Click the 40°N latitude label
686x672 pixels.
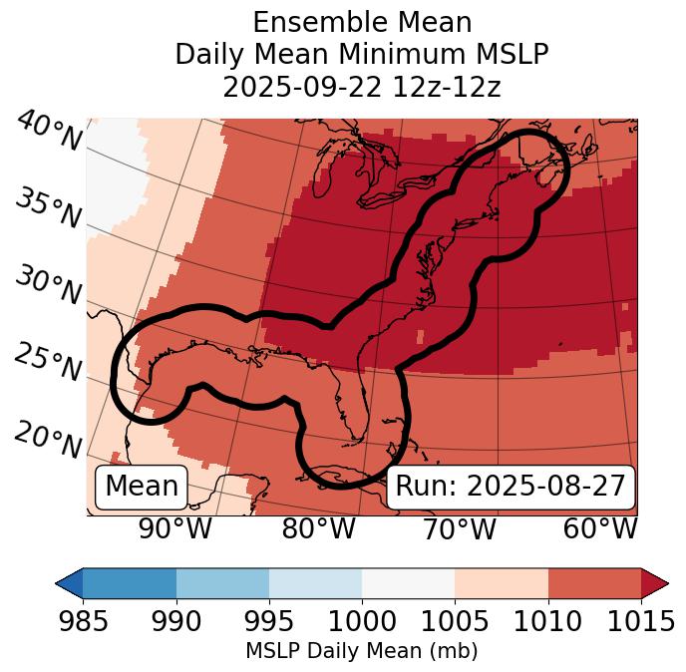tap(48, 132)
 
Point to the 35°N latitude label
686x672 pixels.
tap(48, 207)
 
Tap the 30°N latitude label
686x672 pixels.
tap(48, 286)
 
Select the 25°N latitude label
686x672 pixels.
tap(48, 363)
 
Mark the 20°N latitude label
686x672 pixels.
tap(48, 440)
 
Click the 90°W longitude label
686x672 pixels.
tap(174, 529)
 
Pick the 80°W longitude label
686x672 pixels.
tap(318, 529)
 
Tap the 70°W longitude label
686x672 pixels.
tap(460, 529)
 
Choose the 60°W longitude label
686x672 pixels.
tap(600, 529)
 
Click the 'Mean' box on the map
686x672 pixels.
tap(142, 487)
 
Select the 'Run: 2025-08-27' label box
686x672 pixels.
tap(511, 487)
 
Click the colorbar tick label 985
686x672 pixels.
tap(83, 621)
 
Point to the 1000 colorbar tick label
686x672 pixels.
tap(361, 621)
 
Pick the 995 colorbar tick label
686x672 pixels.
tap(268, 621)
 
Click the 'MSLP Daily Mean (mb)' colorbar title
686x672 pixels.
tap(361, 651)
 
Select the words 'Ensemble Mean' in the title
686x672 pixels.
tap(361, 22)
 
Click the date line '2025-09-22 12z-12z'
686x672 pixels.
tap(361, 87)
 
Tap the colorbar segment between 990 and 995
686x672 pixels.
tap(222, 582)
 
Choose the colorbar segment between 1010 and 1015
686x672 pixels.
tap(594, 582)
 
